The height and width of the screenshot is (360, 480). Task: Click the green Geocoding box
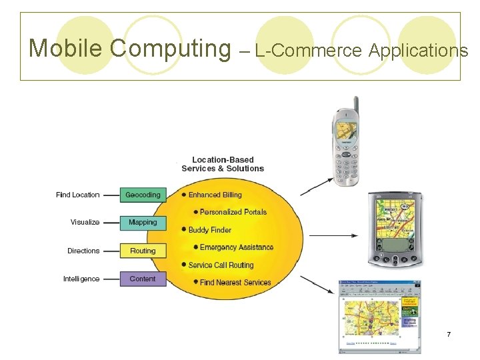coord(142,195)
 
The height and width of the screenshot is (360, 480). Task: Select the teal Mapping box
coord(142,223)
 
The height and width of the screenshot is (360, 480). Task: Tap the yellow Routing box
coord(142,251)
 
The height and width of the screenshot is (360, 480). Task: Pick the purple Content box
coord(142,279)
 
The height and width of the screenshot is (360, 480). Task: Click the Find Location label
coord(78,195)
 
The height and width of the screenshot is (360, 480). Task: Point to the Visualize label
coord(85,223)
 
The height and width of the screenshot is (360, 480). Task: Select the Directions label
coord(83,251)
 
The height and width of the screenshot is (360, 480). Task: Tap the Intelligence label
coord(81,279)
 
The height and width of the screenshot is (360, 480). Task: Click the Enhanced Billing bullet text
coord(215,195)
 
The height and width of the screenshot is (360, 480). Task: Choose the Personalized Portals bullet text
coord(233,212)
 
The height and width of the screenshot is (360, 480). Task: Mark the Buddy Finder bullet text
coord(209,230)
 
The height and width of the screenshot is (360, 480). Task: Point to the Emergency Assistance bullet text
coord(237,247)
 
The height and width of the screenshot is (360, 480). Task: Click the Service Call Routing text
coord(221,265)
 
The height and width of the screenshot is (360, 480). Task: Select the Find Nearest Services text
coord(235,282)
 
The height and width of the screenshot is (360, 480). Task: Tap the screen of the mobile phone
coord(346,131)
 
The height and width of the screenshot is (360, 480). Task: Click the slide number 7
coord(449,333)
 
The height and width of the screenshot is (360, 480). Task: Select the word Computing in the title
coord(169,48)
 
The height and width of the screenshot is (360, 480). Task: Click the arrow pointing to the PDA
coord(333,235)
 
